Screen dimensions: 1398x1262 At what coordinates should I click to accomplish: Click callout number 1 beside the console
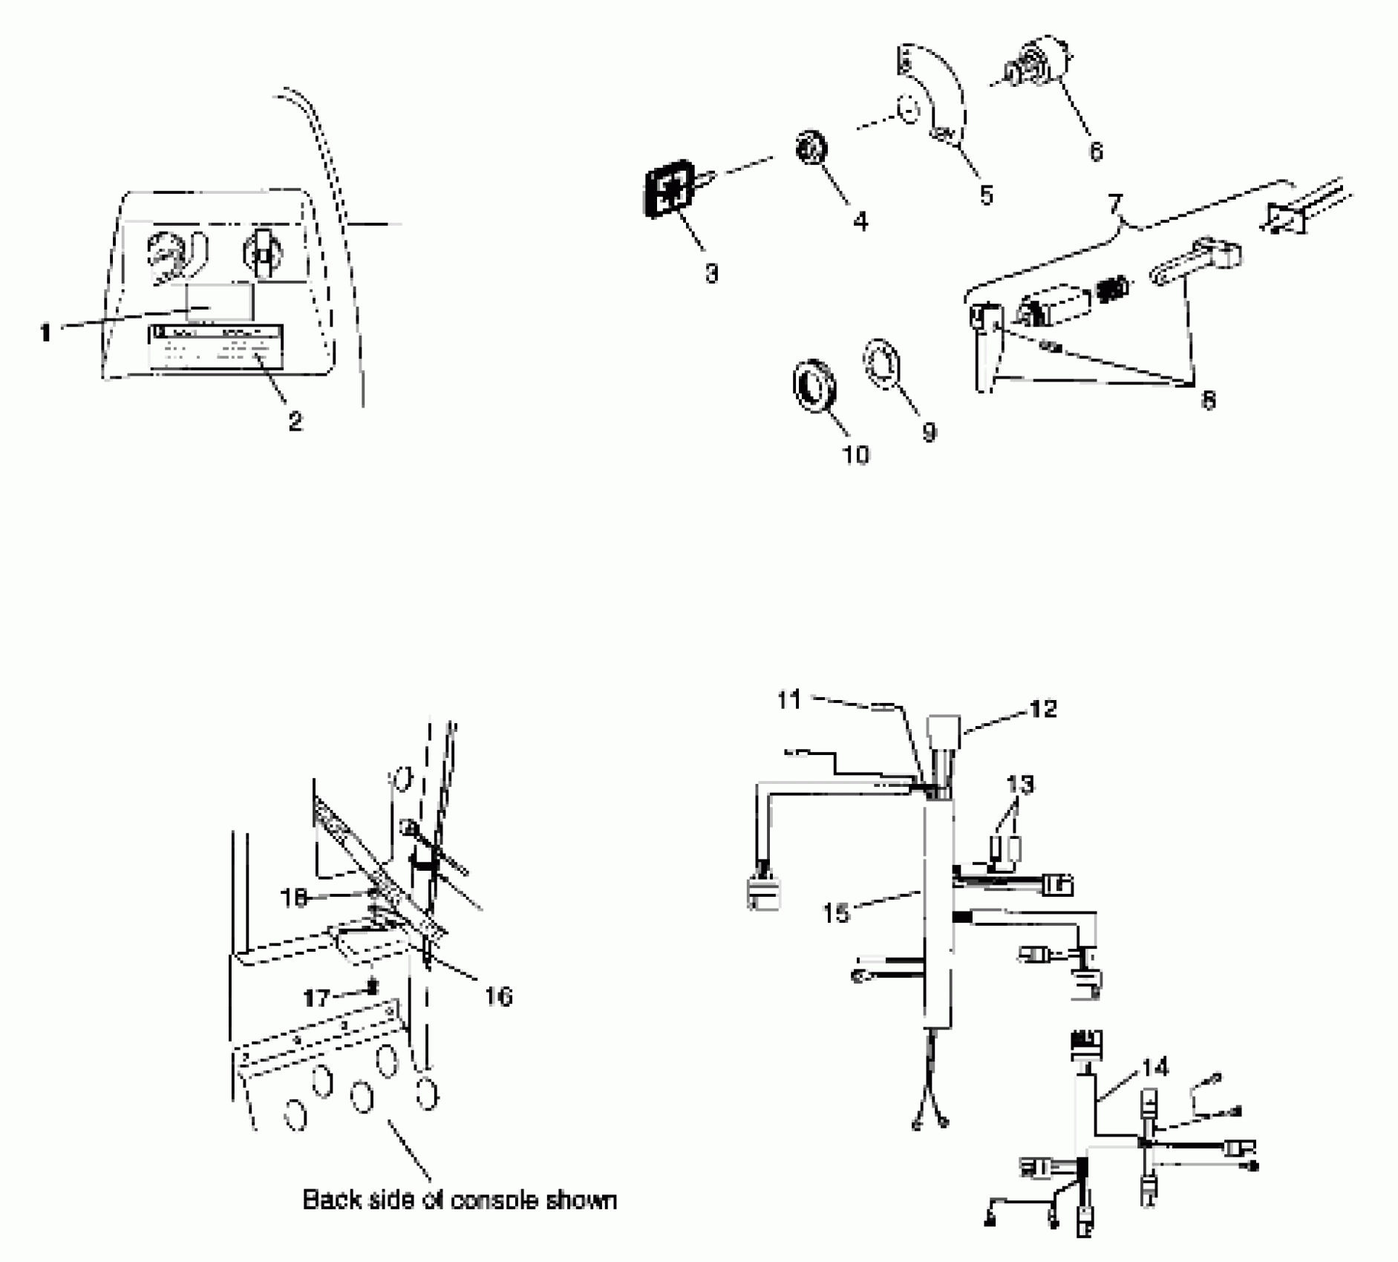click(x=45, y=333)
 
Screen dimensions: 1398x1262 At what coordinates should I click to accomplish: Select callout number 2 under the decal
click(x=295, y=422)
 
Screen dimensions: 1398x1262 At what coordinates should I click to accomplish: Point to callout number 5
click(x=986, y=195)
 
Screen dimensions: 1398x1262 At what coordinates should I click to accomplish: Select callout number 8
click(x=1208, y=400)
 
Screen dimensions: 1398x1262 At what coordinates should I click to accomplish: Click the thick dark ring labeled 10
click(x=815, y=385)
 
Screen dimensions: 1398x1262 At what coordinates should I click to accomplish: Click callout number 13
click(x=1020, y=784)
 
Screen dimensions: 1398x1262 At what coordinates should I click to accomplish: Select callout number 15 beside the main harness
click(x=836, y=912)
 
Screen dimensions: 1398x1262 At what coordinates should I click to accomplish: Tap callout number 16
click(x=498, y=995)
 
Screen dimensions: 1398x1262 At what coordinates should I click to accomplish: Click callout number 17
click(x=317, y=997)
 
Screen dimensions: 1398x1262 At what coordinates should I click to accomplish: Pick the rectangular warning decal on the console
click(x=216, y=347)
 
